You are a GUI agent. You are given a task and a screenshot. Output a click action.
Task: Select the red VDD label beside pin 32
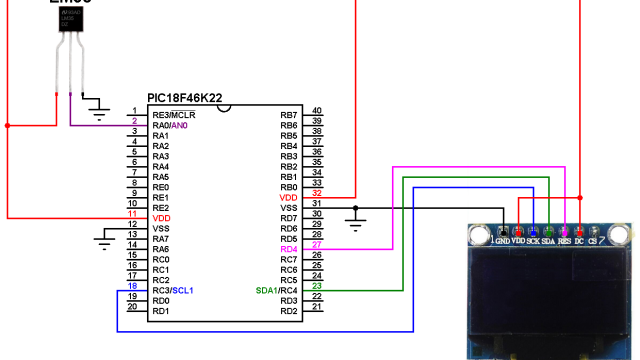tap(288, 198)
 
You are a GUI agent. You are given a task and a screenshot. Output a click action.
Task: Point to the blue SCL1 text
tap(183, 290)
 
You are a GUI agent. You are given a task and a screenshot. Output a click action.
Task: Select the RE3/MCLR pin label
tap(174, 115)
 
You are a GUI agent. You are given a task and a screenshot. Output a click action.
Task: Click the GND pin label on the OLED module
tap(503, 241)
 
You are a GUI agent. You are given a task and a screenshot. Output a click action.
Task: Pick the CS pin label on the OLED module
tap(593, 241)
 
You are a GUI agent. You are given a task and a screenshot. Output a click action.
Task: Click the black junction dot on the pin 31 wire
tap(356, 208)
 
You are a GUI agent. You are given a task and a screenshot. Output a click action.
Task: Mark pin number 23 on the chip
tap(317, 285)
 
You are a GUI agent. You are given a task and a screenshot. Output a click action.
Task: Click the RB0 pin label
tap(288, 187)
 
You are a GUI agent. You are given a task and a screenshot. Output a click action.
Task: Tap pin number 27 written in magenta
tap(317, 244)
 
